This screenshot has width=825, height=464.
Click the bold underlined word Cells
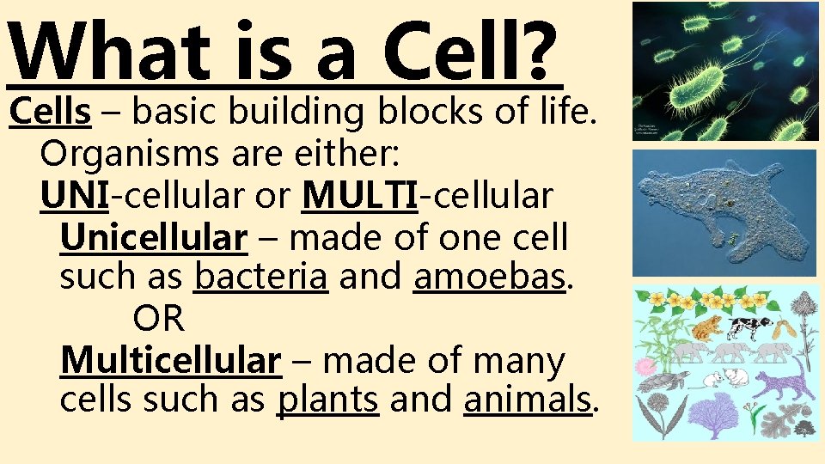tap(50, 112)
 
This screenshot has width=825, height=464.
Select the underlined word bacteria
tap(261, 277)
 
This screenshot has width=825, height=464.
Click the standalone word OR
tap(158, 319)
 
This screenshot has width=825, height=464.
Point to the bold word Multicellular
tap(170, 361)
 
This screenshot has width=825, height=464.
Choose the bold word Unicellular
tap(154, 237)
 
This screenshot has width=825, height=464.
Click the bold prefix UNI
tap(74, 195)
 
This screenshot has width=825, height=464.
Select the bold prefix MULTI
tap(359, 195)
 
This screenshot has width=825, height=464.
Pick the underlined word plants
tap(327, 400)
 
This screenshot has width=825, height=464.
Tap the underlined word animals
tap(527, 400)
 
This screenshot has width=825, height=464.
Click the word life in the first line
tap(560, 112)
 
